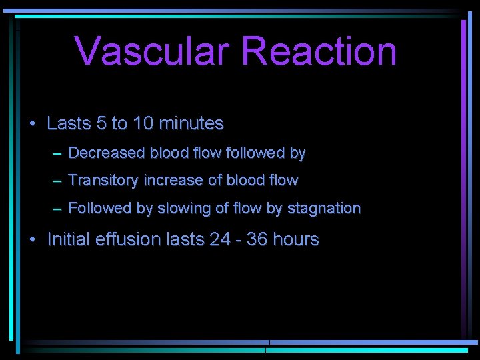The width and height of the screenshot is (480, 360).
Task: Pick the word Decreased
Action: (x=106, y=153)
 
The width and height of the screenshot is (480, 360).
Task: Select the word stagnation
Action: (x=323, y=209)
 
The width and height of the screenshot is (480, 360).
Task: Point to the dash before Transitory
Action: (x=58, y=181)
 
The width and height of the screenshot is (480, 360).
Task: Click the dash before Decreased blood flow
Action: (x=58, y=154)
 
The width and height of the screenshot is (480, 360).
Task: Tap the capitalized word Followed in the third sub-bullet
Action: (x=101, y=209)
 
